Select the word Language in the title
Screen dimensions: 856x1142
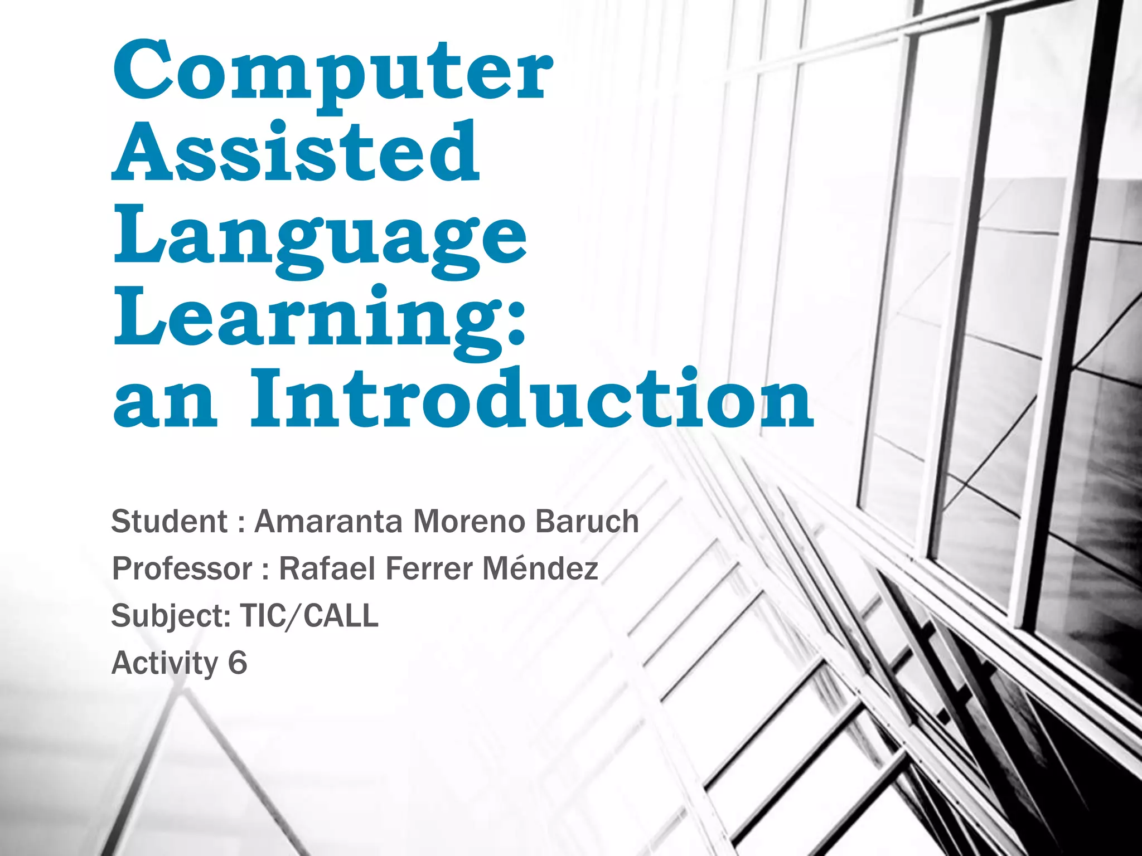[320, 237]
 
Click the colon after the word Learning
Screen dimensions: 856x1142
[516, 323]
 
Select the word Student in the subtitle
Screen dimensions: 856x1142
[170, 522]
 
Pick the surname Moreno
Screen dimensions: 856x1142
[469, 522]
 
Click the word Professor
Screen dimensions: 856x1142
[182, 570]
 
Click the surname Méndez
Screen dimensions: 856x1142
[540, 568]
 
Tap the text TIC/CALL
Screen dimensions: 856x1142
[309, 616]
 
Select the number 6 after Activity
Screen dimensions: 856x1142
[237, 663]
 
